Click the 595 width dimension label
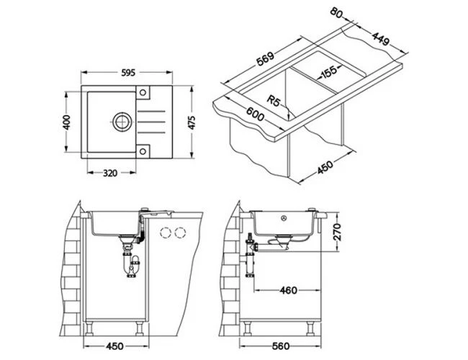[x=128, y=73]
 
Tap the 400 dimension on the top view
[x=67, y=122]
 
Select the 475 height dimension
[x=192, y=122]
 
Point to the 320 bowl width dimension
[x=110, y=173]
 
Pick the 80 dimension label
[x=336, y=14]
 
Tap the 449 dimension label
[x=381, y=38]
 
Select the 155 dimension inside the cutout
[x=328, y=72]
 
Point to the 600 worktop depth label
[x=255, y=114]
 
